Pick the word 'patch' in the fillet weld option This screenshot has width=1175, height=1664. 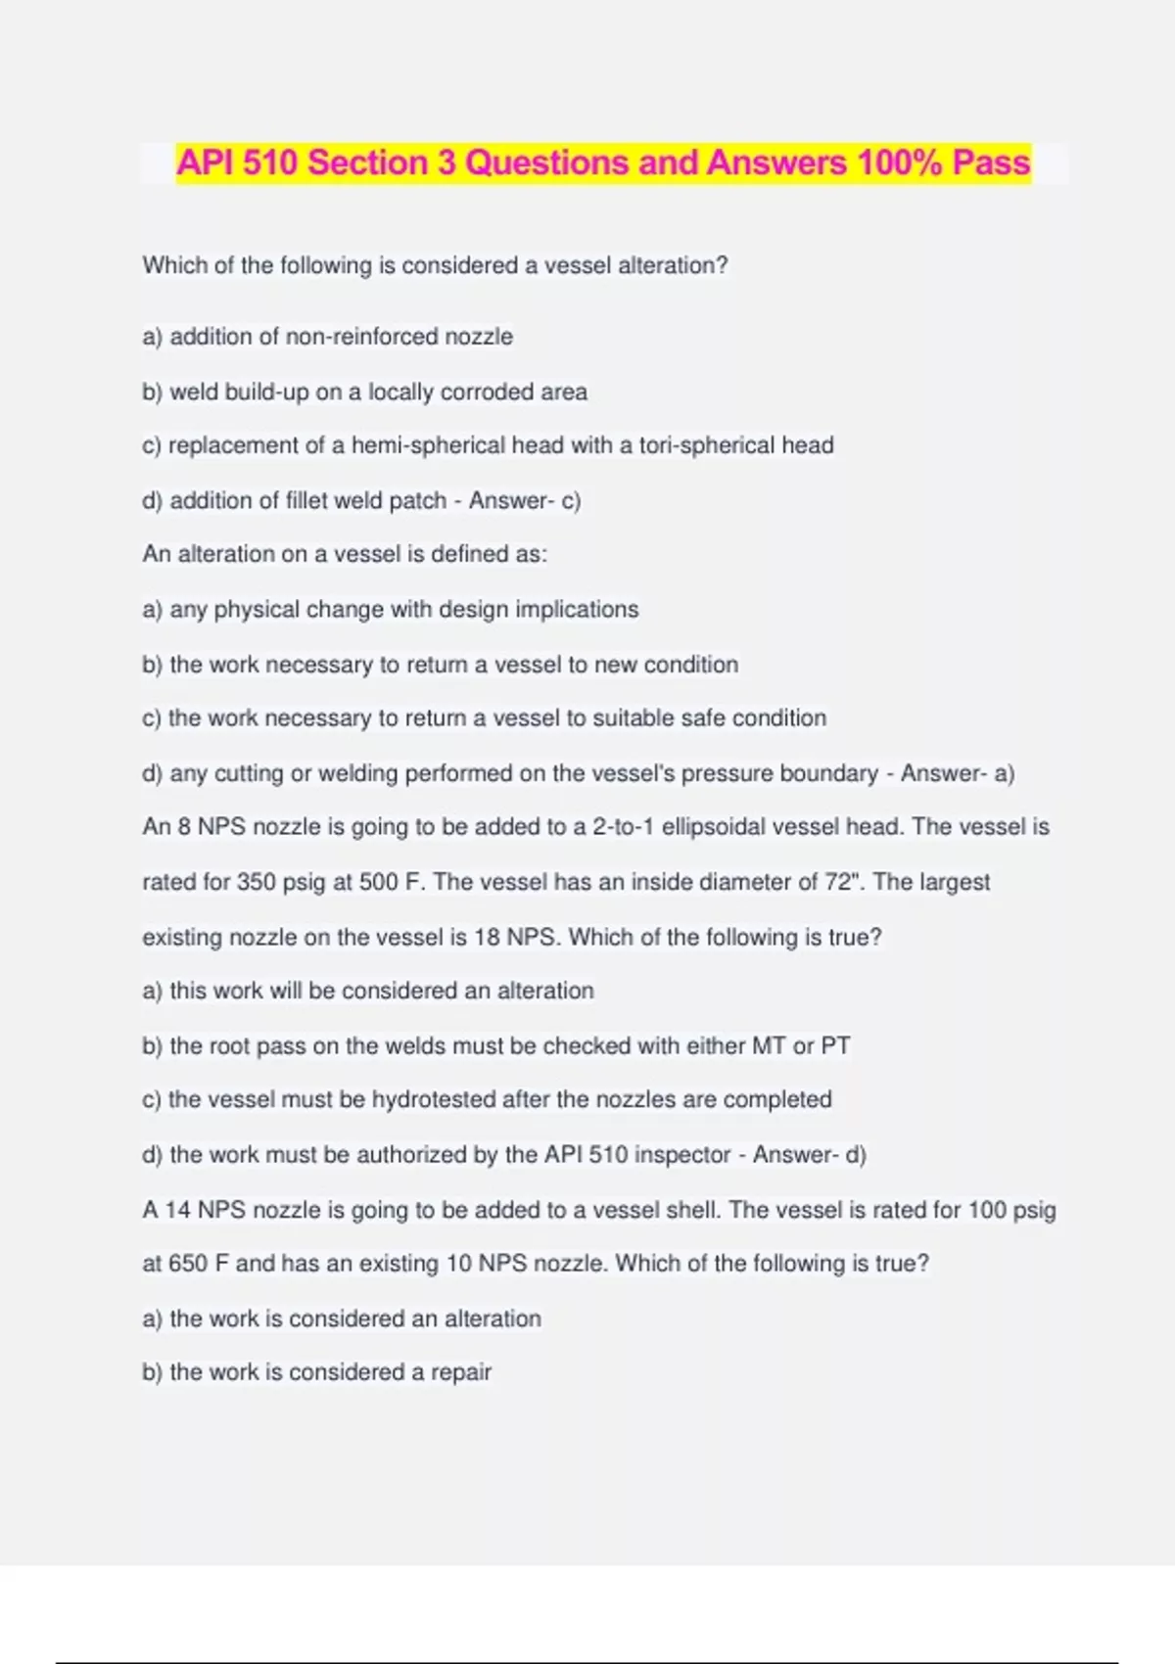click(x=418, y=501)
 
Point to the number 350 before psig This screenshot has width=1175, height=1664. click(x=257, y=882)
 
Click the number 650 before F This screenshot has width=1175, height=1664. click(x=188, y=1264)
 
